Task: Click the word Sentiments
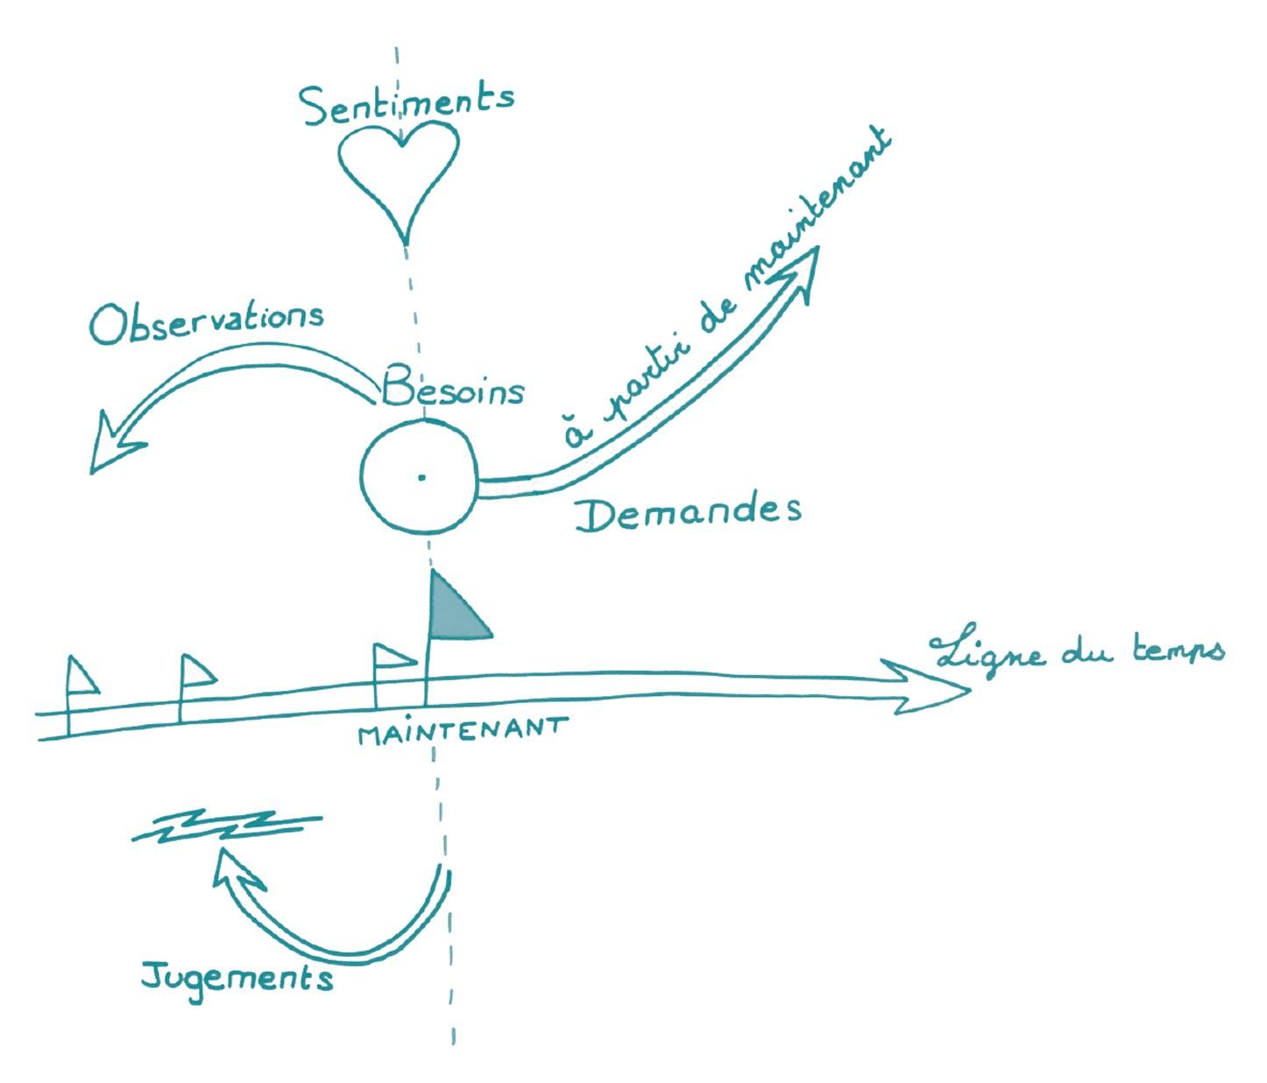[407, 104]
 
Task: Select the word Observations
[207, 322]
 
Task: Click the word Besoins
[453, 388]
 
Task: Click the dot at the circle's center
[421, 477]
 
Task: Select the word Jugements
[237, 975]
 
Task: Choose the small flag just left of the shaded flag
[391, 658]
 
